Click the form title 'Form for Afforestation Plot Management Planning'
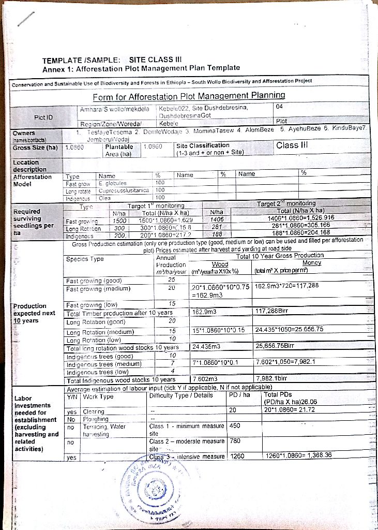coord(189,96)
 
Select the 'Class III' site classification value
coord(293,145)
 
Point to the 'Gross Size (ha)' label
coord(34,147)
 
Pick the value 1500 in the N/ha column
coord(119,220)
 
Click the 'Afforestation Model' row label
coord(33,180)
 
